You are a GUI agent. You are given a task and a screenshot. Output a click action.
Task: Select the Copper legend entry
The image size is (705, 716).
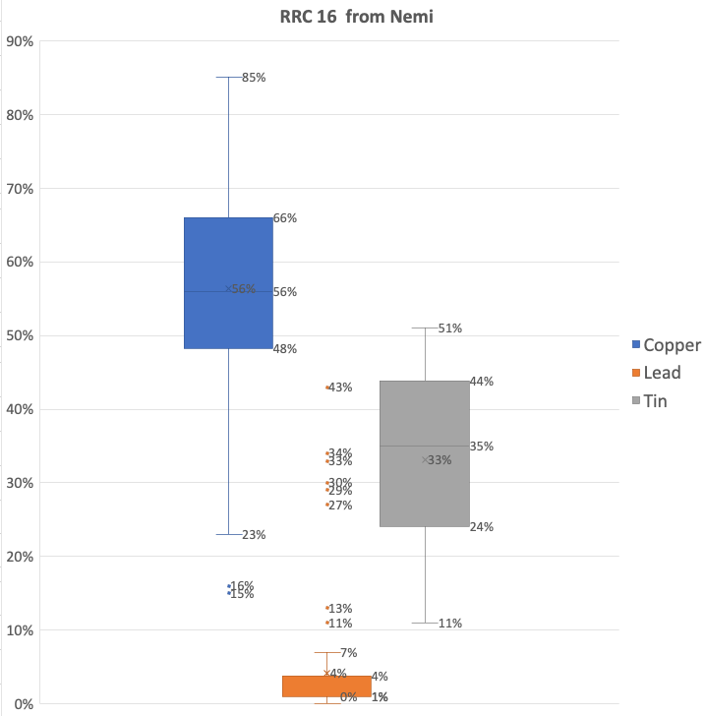665,345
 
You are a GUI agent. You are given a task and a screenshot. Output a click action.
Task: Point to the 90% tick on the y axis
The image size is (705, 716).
21,41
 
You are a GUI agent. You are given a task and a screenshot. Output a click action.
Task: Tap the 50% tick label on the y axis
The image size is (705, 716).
21,335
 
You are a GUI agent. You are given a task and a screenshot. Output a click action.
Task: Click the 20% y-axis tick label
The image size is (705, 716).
21,557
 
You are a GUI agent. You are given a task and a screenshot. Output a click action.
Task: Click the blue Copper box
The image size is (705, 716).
228,283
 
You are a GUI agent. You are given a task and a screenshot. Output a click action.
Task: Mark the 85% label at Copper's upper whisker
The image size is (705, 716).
254,77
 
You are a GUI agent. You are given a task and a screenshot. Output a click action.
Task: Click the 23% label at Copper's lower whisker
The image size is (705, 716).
254,535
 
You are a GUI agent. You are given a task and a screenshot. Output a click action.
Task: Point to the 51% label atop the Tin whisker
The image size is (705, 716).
450,328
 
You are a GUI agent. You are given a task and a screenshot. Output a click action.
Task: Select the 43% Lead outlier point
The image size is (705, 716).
327,388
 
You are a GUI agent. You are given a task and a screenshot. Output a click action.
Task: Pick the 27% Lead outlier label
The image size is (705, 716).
340,506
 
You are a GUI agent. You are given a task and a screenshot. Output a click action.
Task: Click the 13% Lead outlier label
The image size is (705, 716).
340,609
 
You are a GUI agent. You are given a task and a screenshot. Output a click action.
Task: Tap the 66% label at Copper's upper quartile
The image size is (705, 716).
285,218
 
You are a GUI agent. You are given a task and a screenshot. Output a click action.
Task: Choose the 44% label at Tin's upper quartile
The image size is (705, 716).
482,382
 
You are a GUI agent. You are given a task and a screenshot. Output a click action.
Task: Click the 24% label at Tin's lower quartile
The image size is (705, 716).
482,527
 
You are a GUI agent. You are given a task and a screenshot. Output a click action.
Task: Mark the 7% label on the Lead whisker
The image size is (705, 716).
349,653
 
